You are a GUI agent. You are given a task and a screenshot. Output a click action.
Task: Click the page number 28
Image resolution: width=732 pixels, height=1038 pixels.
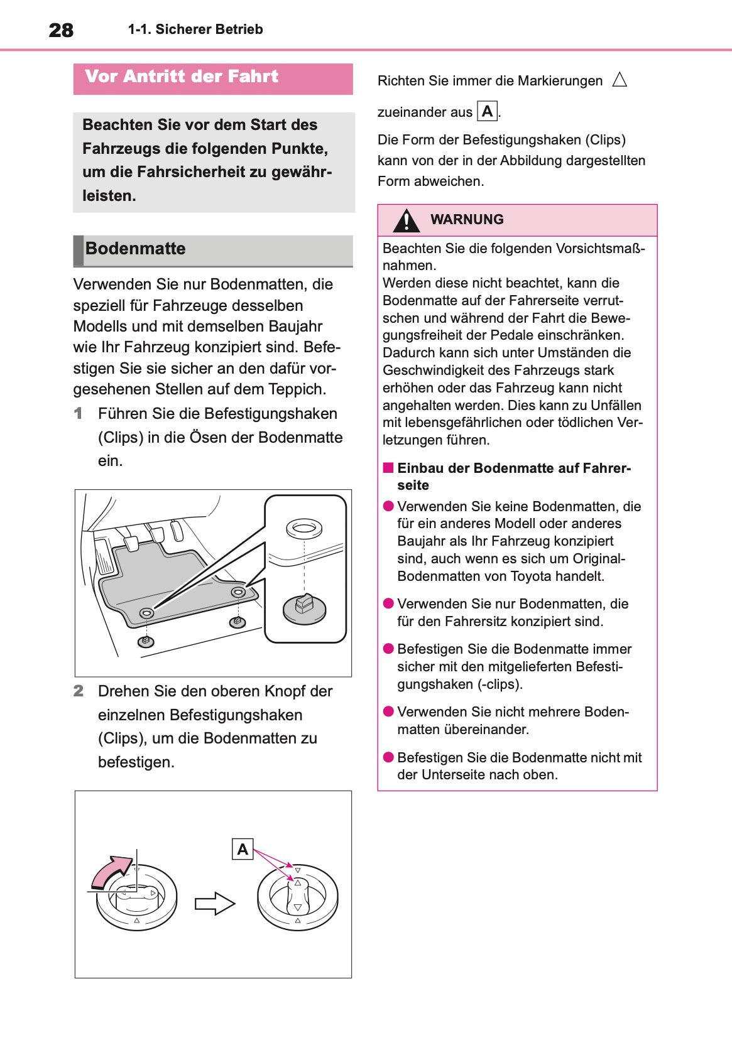coord(61,30)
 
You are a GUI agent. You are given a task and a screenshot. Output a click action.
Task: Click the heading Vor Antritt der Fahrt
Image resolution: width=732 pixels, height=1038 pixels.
coord(182,77)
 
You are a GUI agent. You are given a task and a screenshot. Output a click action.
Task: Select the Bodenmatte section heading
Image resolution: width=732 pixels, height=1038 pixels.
coord(135,249)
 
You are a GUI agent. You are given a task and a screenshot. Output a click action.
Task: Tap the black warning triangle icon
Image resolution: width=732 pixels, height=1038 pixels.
coord(407,220)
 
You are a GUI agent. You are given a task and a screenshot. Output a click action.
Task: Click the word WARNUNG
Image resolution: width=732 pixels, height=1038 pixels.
coord(467,220)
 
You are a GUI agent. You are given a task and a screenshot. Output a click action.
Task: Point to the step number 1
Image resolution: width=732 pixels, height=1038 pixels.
coord(78,414)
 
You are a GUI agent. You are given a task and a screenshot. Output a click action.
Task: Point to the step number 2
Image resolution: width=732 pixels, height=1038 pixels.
coord(78,691)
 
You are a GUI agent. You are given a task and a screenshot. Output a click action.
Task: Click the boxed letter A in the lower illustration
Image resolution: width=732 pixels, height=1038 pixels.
coord(243,849)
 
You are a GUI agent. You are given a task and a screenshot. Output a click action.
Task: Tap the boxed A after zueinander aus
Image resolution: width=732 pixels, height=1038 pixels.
coord(488,112)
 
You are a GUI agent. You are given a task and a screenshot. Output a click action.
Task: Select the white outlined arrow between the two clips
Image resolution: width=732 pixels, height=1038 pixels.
coord(214,904)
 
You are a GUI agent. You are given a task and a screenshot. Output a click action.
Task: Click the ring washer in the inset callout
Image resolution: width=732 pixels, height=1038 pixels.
coord(304,527)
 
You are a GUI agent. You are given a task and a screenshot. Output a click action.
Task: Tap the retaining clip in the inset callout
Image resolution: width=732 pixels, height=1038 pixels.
coord(304,608)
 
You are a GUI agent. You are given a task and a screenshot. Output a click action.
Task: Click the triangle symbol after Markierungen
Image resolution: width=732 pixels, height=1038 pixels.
coord(620,80)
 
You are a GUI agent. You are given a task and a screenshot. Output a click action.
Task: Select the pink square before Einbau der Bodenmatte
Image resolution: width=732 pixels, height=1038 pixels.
coord(388,468)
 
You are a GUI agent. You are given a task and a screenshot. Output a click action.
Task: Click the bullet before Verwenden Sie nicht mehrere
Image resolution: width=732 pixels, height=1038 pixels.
coord(388,711)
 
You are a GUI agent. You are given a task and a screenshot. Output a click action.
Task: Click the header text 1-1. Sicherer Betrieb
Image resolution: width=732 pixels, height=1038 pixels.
coord(195,30)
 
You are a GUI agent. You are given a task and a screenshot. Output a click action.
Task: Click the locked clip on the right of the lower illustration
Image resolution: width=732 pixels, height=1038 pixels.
coord(298,897)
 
